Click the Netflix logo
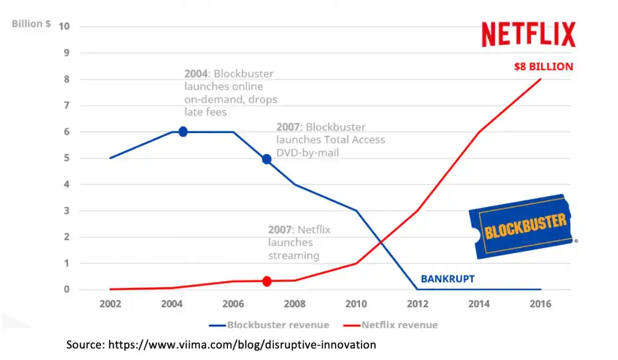[x=528, y=35]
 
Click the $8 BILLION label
[x=543, y=67]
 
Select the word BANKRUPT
[x=448, y=279]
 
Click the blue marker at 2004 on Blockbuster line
[x=183, y=132]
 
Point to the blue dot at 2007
[x=267, y=159]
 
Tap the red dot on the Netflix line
[x=267, y=281]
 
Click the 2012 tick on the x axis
[x=417, y=304]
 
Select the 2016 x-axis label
[x=540, y=304]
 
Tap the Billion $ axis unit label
[x=31, y=24]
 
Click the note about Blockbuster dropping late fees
[x=230, y=93]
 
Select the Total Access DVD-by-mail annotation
[x=330, y=140]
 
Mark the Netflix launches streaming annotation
[x=299, y=242]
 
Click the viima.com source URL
[x=242, y=345]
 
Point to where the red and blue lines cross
[x=381, y=243]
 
